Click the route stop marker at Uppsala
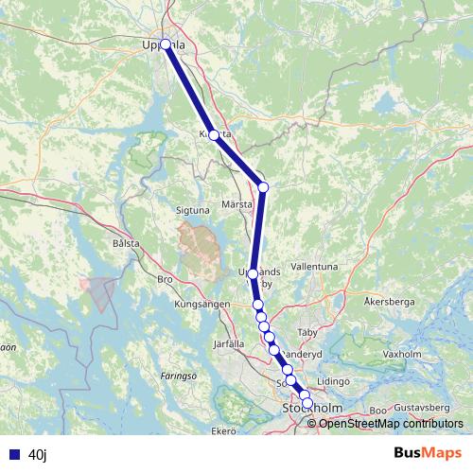click(166, 44)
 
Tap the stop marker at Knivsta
click(214, 135)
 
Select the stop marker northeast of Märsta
click(263, 187)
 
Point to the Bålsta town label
click(126, 243)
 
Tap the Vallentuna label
click(315, 267)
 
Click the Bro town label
click(165, 280)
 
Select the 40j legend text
click(38, 455)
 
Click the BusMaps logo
click(422, 454)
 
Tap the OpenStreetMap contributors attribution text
click(391, 423)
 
